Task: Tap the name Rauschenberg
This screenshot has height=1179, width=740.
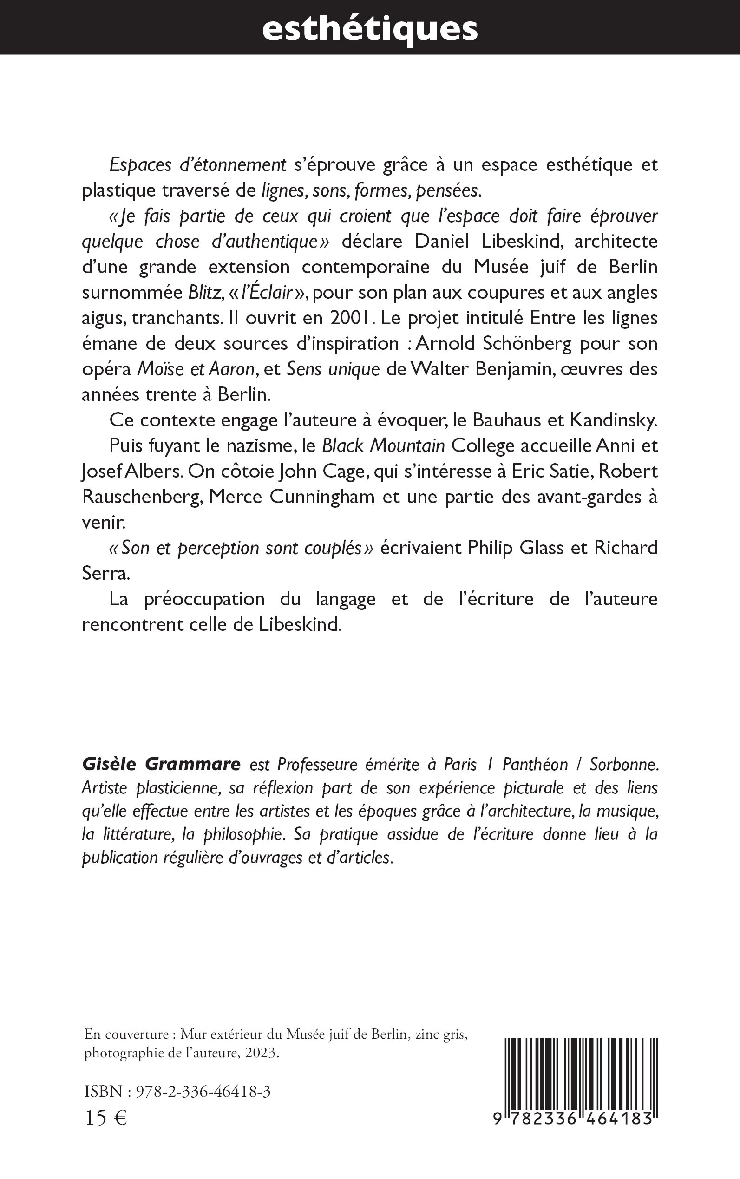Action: point(142,497)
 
